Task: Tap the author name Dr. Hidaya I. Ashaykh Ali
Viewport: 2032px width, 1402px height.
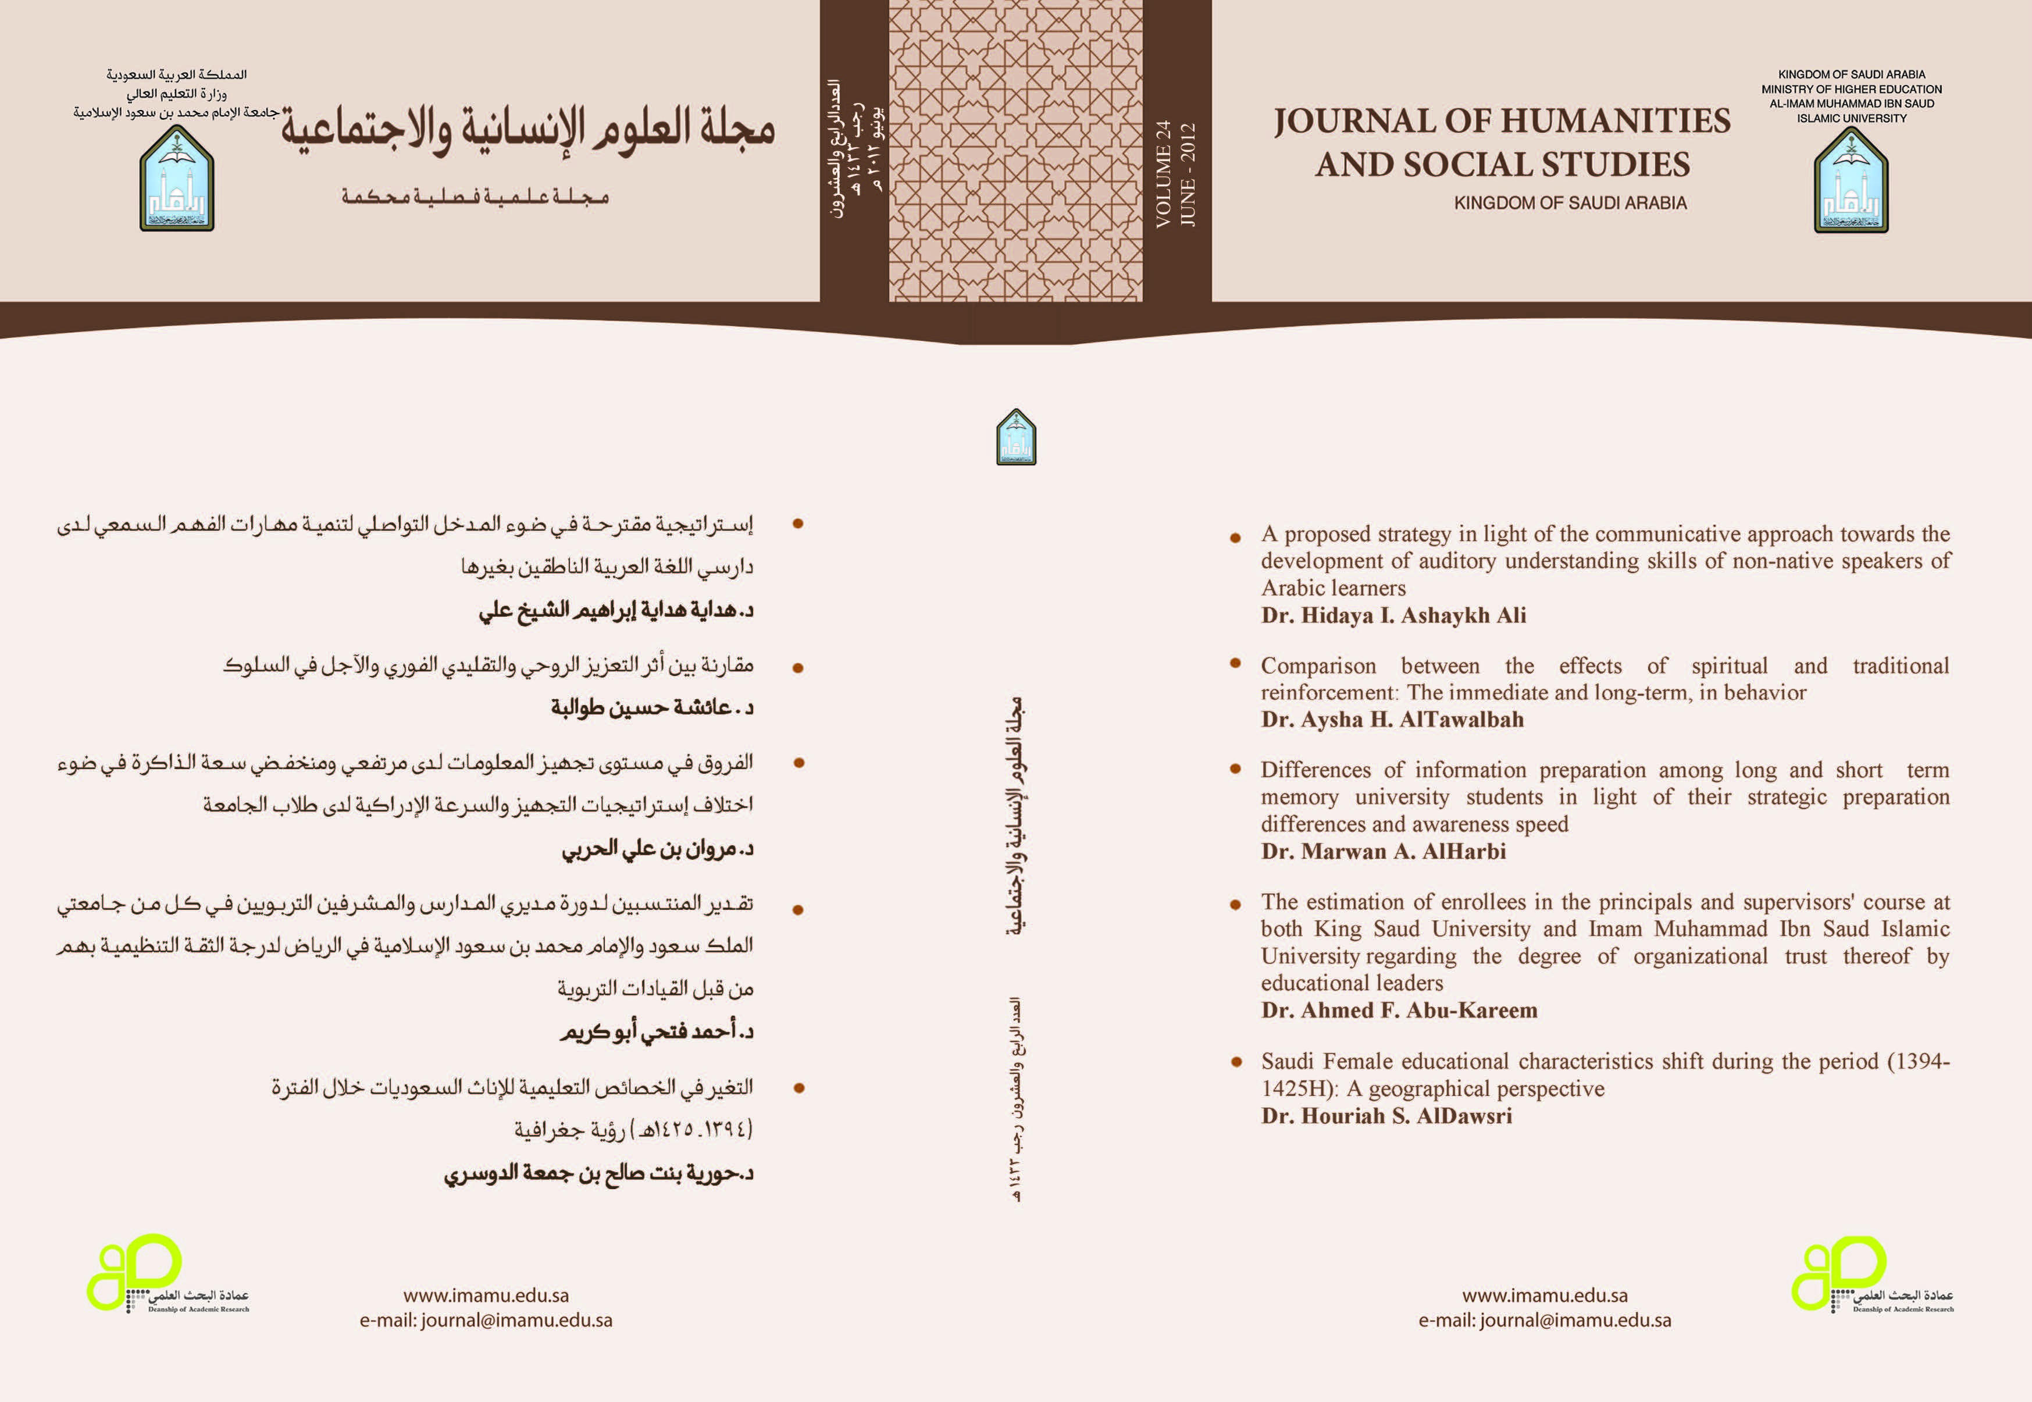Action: pos(1393,615)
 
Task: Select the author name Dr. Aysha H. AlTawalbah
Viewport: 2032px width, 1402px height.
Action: pos(1392,720)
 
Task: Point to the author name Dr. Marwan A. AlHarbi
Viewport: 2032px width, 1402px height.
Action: pos(1383,851)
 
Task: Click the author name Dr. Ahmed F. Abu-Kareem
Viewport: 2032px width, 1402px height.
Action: pos(1399,1010)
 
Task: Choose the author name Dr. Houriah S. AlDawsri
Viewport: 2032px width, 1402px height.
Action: pos(1386,1116)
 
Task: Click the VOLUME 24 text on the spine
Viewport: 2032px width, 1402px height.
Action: pos(1164,174)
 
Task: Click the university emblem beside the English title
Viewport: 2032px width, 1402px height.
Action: pos(1851,181)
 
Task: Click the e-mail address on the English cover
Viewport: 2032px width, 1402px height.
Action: pos(1545,1321)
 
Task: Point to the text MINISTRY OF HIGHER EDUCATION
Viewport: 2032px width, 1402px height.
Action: pos(1851,89)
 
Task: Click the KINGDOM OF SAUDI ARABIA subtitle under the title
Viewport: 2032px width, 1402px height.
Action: pos(1570,203)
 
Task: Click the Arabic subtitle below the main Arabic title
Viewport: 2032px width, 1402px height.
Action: pos(475,196)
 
